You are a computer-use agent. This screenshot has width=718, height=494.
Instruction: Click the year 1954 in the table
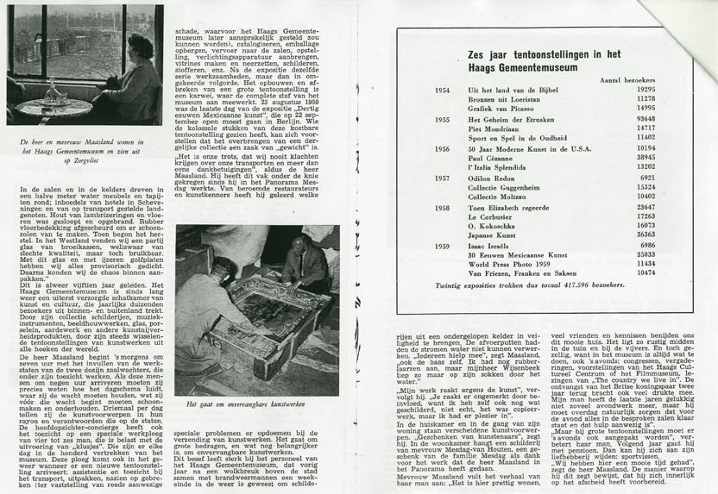pyautogui.click(x=442, y=89)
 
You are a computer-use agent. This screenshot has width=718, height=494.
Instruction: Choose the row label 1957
pyautogui.click(x=442, y=178)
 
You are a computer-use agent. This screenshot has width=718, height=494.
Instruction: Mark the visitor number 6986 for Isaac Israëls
pyautogui.click(x=646, y=245)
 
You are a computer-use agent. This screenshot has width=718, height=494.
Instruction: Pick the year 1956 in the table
pyautogui.click(x=442, y=148)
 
